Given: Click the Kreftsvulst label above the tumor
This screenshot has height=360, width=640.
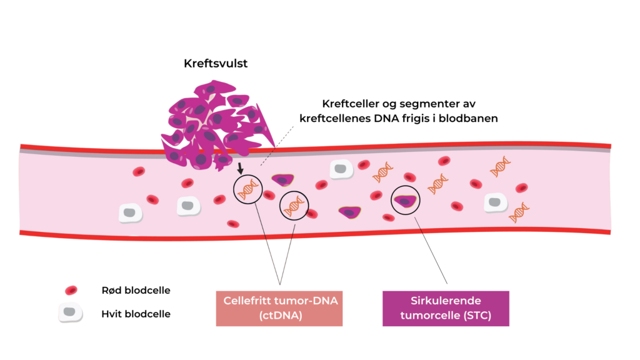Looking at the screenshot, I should pyautogui.click(x=216, y=64).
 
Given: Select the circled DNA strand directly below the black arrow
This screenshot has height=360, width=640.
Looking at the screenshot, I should pyautogui.click(x=247, y=188).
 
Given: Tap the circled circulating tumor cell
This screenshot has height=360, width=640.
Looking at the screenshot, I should pyautogui.click(x=406, y=201).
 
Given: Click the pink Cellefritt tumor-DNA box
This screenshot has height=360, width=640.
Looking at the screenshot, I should pyautogui.click(x=280, y=308).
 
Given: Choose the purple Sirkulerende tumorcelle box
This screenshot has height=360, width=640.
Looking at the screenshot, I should pyautogui.click(x=446, y=308).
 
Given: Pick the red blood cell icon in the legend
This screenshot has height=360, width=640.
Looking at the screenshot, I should pyautogui.click(x=71, y=291).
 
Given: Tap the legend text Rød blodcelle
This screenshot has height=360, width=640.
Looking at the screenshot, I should pyautogui.click(x=136, y=291).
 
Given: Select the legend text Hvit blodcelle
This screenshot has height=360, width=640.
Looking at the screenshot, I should pyautogui.click(x=136, y=314).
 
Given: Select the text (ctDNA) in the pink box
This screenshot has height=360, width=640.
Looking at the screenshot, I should pyautogui.click(x=280, y=316).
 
